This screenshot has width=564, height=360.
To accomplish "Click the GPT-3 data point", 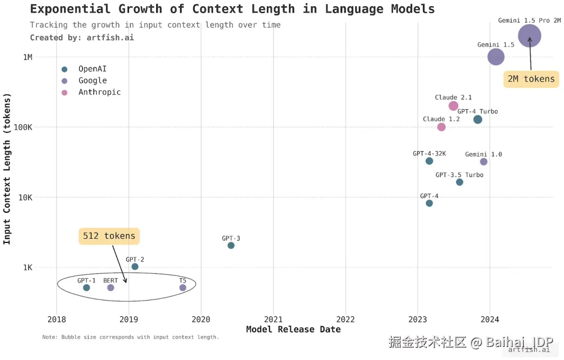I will pos(231,246).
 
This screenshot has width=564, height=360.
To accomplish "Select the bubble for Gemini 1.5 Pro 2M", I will pos(529,36).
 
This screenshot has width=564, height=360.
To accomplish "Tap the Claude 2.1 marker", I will pos(453,106).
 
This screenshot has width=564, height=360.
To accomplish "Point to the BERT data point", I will pos(111,288).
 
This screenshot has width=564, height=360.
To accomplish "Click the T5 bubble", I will pos(183,288).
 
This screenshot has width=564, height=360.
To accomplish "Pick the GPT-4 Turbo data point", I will pos(477,120).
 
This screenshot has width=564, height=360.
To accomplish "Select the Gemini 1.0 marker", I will pos(484,162).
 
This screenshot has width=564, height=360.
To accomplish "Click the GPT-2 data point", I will pos(135,266).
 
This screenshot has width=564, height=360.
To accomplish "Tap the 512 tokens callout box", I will pos(109,236).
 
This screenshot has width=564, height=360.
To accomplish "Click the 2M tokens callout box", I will pos(531,79).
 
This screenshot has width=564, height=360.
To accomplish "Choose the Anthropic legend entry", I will pos(99,92).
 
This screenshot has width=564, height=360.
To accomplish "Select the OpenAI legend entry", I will pos(92,69).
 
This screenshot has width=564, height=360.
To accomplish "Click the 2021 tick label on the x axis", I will pos(273,319).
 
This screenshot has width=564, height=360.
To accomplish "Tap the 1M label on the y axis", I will pos(27,57).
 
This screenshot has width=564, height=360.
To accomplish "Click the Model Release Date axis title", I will pos(293,330).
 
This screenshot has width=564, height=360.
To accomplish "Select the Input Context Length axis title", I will pos(7,169).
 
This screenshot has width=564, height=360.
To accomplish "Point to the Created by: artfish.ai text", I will pos(81,38).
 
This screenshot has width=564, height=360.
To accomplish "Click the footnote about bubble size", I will pos(131,338).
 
